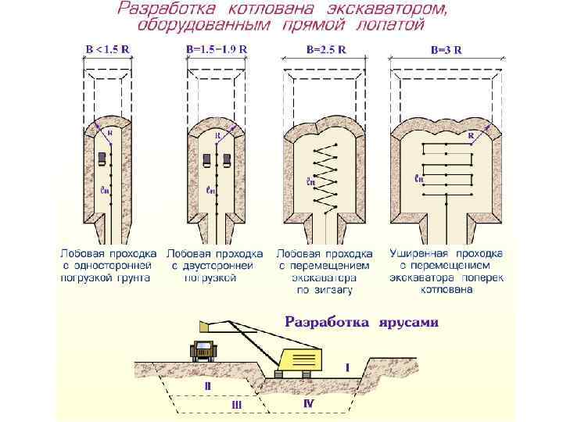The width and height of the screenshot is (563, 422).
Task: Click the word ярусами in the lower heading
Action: (x=410, y=321)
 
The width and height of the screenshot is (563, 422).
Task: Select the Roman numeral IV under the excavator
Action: (x=309, y=401)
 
